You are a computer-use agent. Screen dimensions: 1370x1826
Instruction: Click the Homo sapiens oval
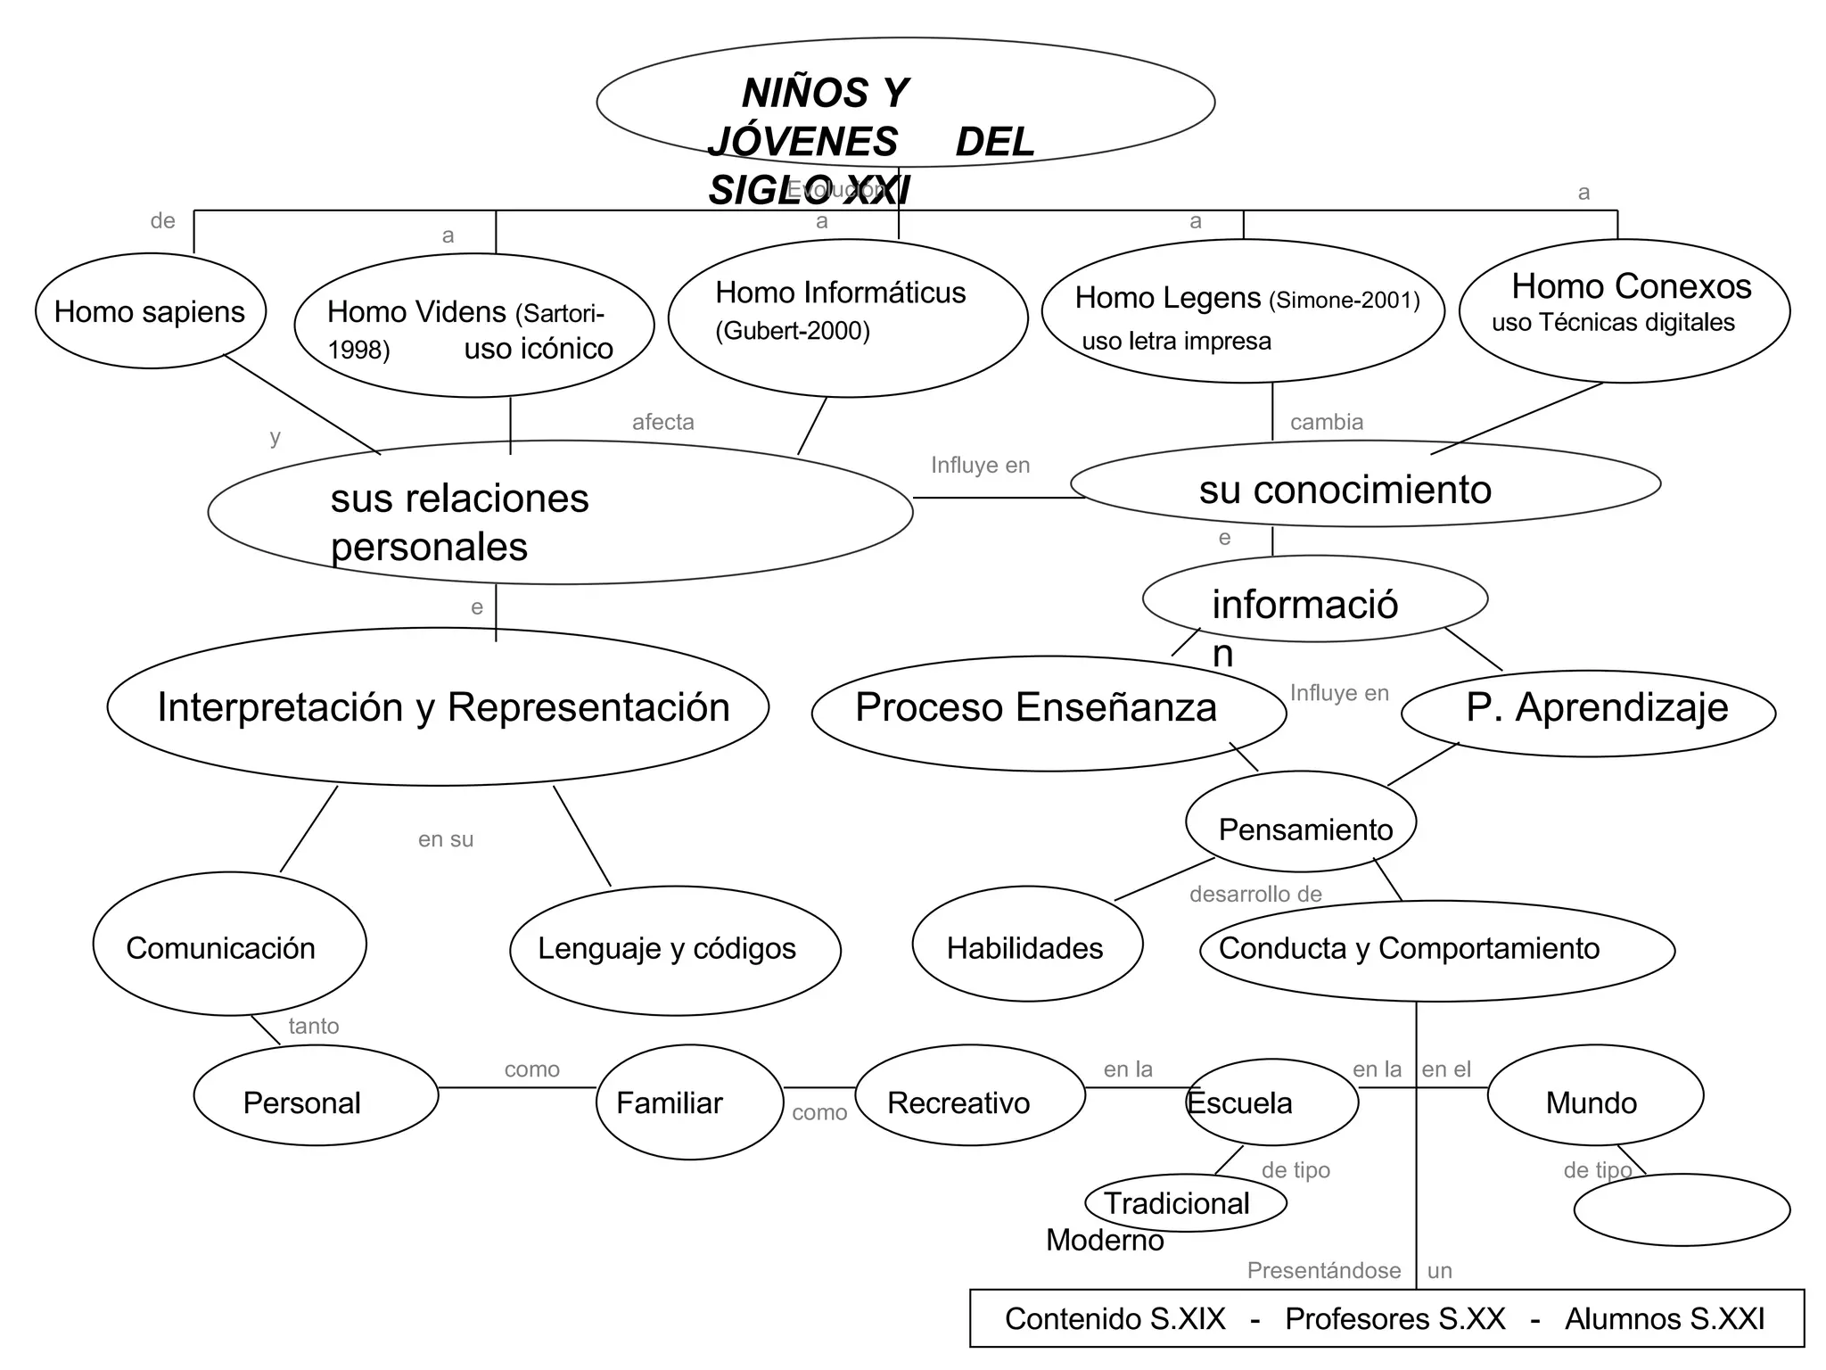(x=150, y=311)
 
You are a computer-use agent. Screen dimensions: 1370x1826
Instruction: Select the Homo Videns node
(x=473, y=326)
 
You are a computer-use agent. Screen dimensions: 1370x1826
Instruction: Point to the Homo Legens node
(x=1242, y=311)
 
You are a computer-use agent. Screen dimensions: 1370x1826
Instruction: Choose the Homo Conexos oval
(x=1624, y=310)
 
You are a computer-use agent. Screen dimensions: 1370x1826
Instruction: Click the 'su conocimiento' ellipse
(x=1364, y=485)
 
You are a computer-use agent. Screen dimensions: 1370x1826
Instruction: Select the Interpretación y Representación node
(x=438, y=706)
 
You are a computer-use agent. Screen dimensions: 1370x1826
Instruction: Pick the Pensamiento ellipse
(x=1301, y=822)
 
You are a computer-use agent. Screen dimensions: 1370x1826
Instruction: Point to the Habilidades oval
(x=1026, y=945)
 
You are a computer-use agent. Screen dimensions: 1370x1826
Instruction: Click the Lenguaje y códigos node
(x=674, y=950)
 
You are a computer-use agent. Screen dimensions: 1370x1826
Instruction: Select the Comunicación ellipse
(x=229, y=945)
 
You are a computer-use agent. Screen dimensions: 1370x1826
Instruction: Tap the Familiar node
(x=688, y=1102)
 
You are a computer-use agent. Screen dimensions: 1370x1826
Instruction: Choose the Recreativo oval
(x=969, y=1096)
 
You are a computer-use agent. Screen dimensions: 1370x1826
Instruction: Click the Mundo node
(x=1594, y=1097)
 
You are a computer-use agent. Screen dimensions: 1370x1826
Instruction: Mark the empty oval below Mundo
(x=1682, y=1210)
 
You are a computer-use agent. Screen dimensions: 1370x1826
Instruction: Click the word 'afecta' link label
(x=662, y=422)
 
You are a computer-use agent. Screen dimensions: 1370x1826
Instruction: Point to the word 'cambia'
(x=1327, y=422)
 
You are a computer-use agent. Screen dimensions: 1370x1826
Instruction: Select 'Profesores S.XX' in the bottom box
(x=1394, y=1319)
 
